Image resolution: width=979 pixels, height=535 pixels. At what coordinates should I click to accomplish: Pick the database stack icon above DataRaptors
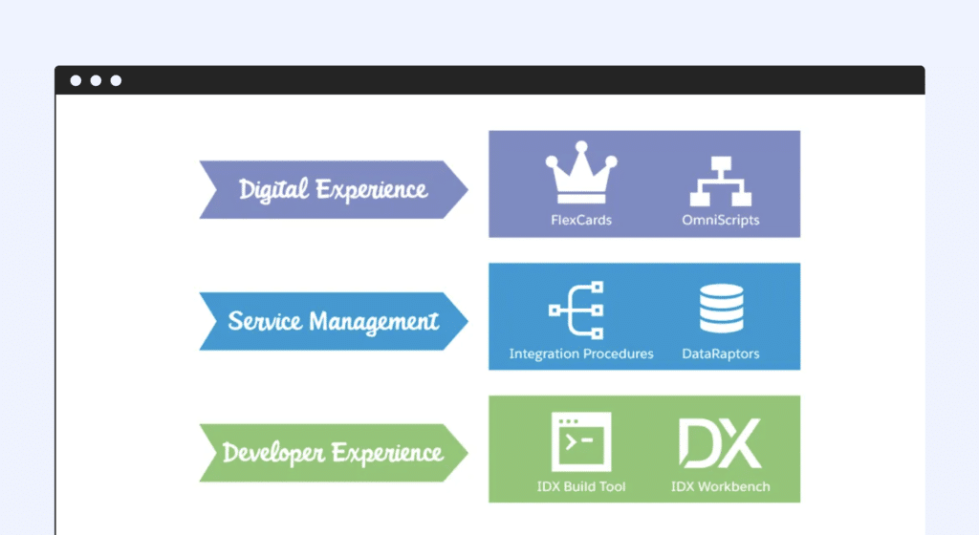(721, 308)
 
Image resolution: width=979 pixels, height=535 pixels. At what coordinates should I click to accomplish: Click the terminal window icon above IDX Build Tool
(580, 441)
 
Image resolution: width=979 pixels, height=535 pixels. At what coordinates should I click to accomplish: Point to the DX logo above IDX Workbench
(720, 442)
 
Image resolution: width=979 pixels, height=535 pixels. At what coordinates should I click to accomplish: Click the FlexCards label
(581, 220)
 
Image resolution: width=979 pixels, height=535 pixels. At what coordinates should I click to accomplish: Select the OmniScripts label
(721, 220)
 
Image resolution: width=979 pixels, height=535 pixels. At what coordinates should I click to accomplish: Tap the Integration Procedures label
(581, 353)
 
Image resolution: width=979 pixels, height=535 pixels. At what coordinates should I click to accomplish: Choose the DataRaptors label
(721, 353)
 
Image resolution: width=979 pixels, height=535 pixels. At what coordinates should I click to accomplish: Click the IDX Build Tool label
(581, 486)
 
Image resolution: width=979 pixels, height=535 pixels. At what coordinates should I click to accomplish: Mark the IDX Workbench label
(721, 486)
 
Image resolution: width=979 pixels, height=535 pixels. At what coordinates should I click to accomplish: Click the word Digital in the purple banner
(273, 189)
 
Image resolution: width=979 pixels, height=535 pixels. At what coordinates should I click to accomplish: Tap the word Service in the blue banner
(262, 320)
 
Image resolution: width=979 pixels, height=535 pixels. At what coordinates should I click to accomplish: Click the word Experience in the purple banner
(372, 190)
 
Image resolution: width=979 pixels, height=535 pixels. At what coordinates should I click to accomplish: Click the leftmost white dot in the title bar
(76, 80)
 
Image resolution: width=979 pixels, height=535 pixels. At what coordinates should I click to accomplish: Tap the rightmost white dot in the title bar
(116, 80)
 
